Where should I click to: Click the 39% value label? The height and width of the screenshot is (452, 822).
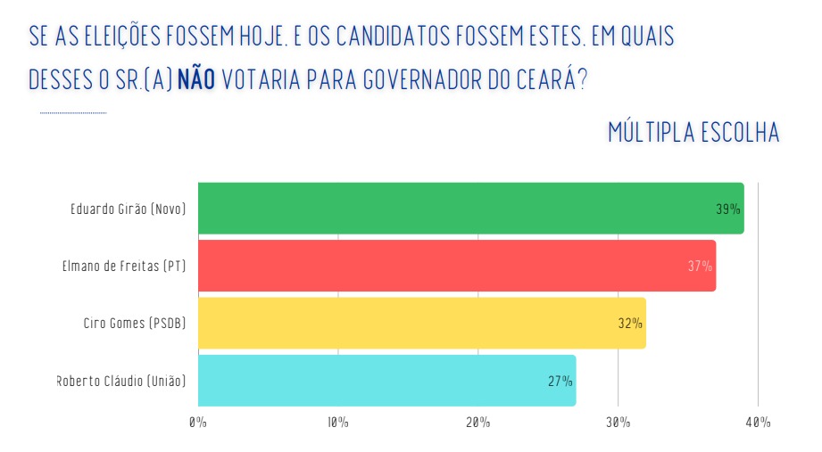727,210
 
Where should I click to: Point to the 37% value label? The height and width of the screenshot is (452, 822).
700,267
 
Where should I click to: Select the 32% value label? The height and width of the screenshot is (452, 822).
630,324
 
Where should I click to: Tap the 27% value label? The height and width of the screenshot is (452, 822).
560,381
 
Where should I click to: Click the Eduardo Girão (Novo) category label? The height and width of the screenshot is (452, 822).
128,210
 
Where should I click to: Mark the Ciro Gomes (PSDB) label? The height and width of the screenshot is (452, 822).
134,324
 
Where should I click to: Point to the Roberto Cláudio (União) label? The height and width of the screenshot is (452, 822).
121,381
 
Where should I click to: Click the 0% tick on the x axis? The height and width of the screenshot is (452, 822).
198,423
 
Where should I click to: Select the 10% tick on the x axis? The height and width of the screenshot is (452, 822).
338,423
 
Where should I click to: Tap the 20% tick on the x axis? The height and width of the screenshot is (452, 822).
478,423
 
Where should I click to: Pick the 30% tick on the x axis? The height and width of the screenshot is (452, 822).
619,423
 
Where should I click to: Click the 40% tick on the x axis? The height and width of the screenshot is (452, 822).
759,423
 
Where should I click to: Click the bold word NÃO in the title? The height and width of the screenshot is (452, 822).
196,78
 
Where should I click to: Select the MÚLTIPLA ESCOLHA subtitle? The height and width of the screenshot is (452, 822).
693,133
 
